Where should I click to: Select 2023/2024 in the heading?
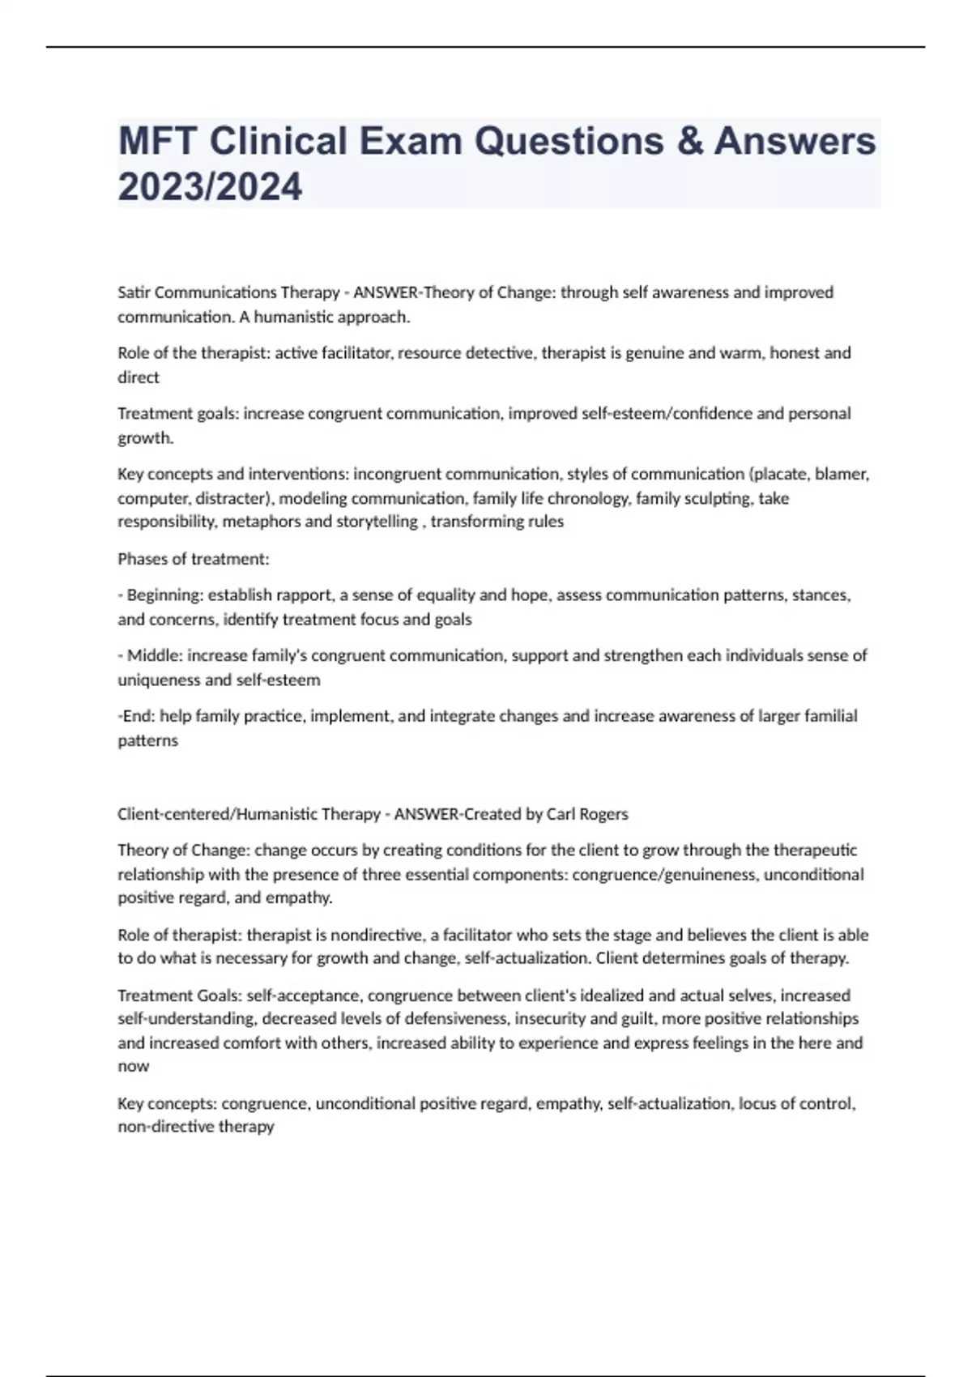[x=210, y=186]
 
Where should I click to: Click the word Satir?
[x=134, y=292]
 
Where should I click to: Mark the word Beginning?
[x=164, y=595]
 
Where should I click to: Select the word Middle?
[x=151, y=655]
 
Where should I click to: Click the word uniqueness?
[x=159, y=680]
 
